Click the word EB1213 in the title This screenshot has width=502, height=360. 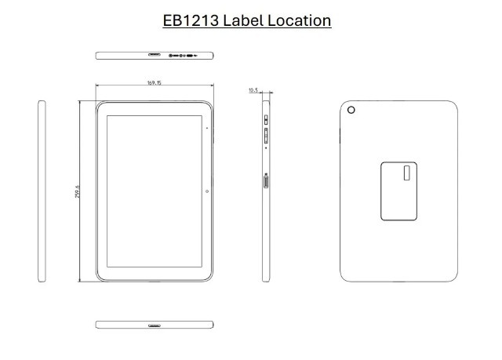tap(191, 21)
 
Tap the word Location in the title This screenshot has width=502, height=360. tap(300, 21)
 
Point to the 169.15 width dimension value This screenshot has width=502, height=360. tap(155, 83)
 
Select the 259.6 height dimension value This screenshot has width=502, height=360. tap(77, 191)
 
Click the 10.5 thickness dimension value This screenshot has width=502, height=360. tap(253, 90)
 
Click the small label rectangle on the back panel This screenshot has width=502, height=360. tap(406, 173)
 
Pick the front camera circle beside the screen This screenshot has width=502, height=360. tap(207, 191)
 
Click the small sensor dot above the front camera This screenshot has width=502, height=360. tap(207, 128)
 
